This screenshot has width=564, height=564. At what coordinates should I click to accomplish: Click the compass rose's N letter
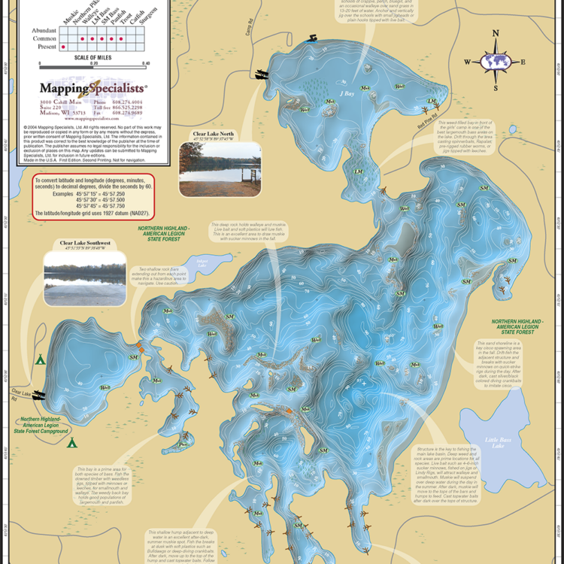point(495,33)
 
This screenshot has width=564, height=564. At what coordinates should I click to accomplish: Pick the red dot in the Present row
point(63,47)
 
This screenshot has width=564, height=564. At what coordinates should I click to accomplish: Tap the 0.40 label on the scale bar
point(145,64)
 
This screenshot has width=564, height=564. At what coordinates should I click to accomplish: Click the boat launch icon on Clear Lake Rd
point(38,394)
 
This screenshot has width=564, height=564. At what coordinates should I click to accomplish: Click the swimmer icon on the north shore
point(310,38)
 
